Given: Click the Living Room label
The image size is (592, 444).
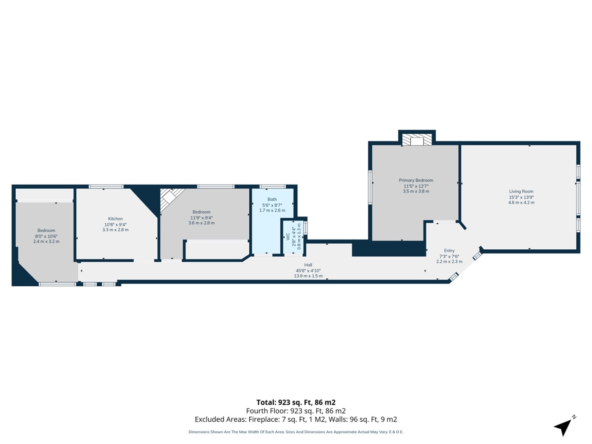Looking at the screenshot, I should (521, 191).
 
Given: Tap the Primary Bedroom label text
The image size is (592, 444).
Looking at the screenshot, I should (416, 180).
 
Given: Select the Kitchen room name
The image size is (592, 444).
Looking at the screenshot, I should (116, 219).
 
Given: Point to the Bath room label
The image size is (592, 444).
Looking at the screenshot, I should (272, 199).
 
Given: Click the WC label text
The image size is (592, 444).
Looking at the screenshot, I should (288, 236).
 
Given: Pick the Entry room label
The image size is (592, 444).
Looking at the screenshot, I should (449, 251).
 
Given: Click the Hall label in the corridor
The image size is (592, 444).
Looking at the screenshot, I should (308, 265).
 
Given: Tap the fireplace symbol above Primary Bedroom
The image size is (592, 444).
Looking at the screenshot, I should (417, 140).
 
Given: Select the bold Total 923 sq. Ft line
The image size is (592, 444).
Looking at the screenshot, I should (296, 402).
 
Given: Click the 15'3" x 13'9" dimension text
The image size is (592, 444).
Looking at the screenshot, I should (521, 197).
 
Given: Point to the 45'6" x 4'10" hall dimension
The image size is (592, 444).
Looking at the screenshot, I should (308, 271).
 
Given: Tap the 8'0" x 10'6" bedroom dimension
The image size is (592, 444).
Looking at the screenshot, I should (46, 236).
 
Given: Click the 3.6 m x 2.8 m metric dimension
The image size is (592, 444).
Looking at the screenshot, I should (201, 223).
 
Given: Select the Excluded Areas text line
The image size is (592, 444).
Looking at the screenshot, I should (296, 419).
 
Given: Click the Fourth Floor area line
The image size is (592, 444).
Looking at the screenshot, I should (296, 411).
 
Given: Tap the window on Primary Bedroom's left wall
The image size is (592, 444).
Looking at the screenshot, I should (370, 187).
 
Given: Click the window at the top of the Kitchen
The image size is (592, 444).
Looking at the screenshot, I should (106, 186).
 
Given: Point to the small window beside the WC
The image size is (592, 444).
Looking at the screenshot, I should (306, 228).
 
